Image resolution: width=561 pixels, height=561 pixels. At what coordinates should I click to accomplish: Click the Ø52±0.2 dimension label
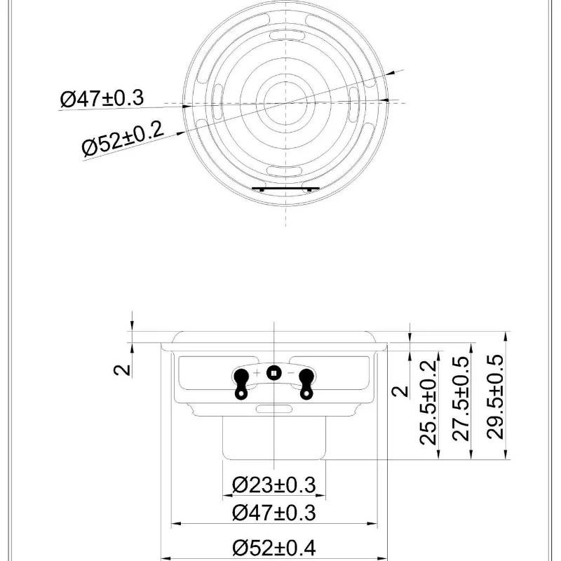(123, 139)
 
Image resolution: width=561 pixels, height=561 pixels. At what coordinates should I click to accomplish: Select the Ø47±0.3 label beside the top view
(102, 98)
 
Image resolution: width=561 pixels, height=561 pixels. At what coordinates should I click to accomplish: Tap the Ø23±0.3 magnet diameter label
(274, 485)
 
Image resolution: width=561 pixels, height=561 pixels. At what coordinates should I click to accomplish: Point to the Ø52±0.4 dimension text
(274, 548)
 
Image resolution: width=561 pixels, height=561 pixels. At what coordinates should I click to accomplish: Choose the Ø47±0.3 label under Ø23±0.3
(274, 513)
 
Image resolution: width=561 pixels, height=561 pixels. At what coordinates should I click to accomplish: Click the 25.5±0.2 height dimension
(428, 403)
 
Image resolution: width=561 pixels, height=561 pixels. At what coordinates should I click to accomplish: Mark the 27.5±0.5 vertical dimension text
(461, 398)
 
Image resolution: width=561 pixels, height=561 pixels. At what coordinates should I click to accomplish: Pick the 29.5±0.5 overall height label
(496, 396)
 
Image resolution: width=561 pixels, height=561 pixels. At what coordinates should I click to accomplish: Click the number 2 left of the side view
(122, 370)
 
